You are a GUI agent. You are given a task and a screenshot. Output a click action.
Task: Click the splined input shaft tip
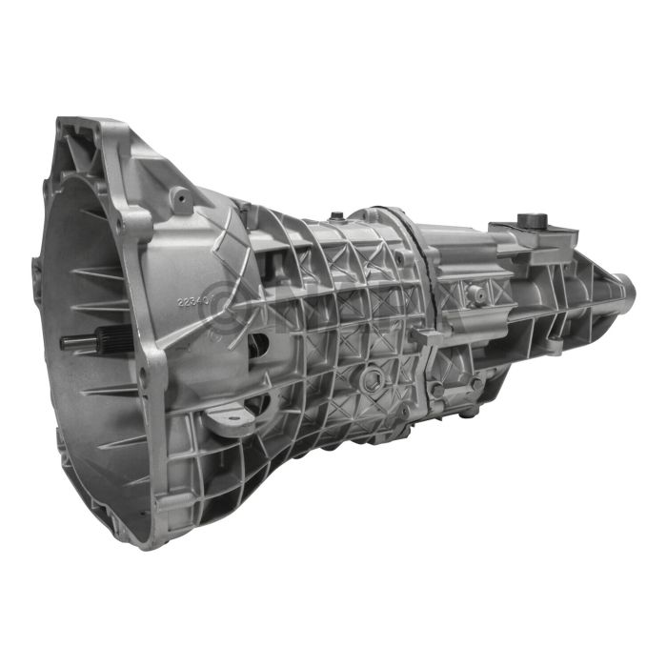[69, 341]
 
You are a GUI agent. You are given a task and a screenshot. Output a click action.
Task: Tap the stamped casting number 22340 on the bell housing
[195, 301]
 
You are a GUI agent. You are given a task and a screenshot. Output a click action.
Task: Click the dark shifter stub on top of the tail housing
[525, 218]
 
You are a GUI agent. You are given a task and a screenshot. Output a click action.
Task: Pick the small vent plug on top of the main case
[334, 215]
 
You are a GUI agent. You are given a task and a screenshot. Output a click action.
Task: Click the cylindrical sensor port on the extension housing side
[475, 295]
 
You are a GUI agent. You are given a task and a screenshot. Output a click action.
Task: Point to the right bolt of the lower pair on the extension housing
[474, 382]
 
